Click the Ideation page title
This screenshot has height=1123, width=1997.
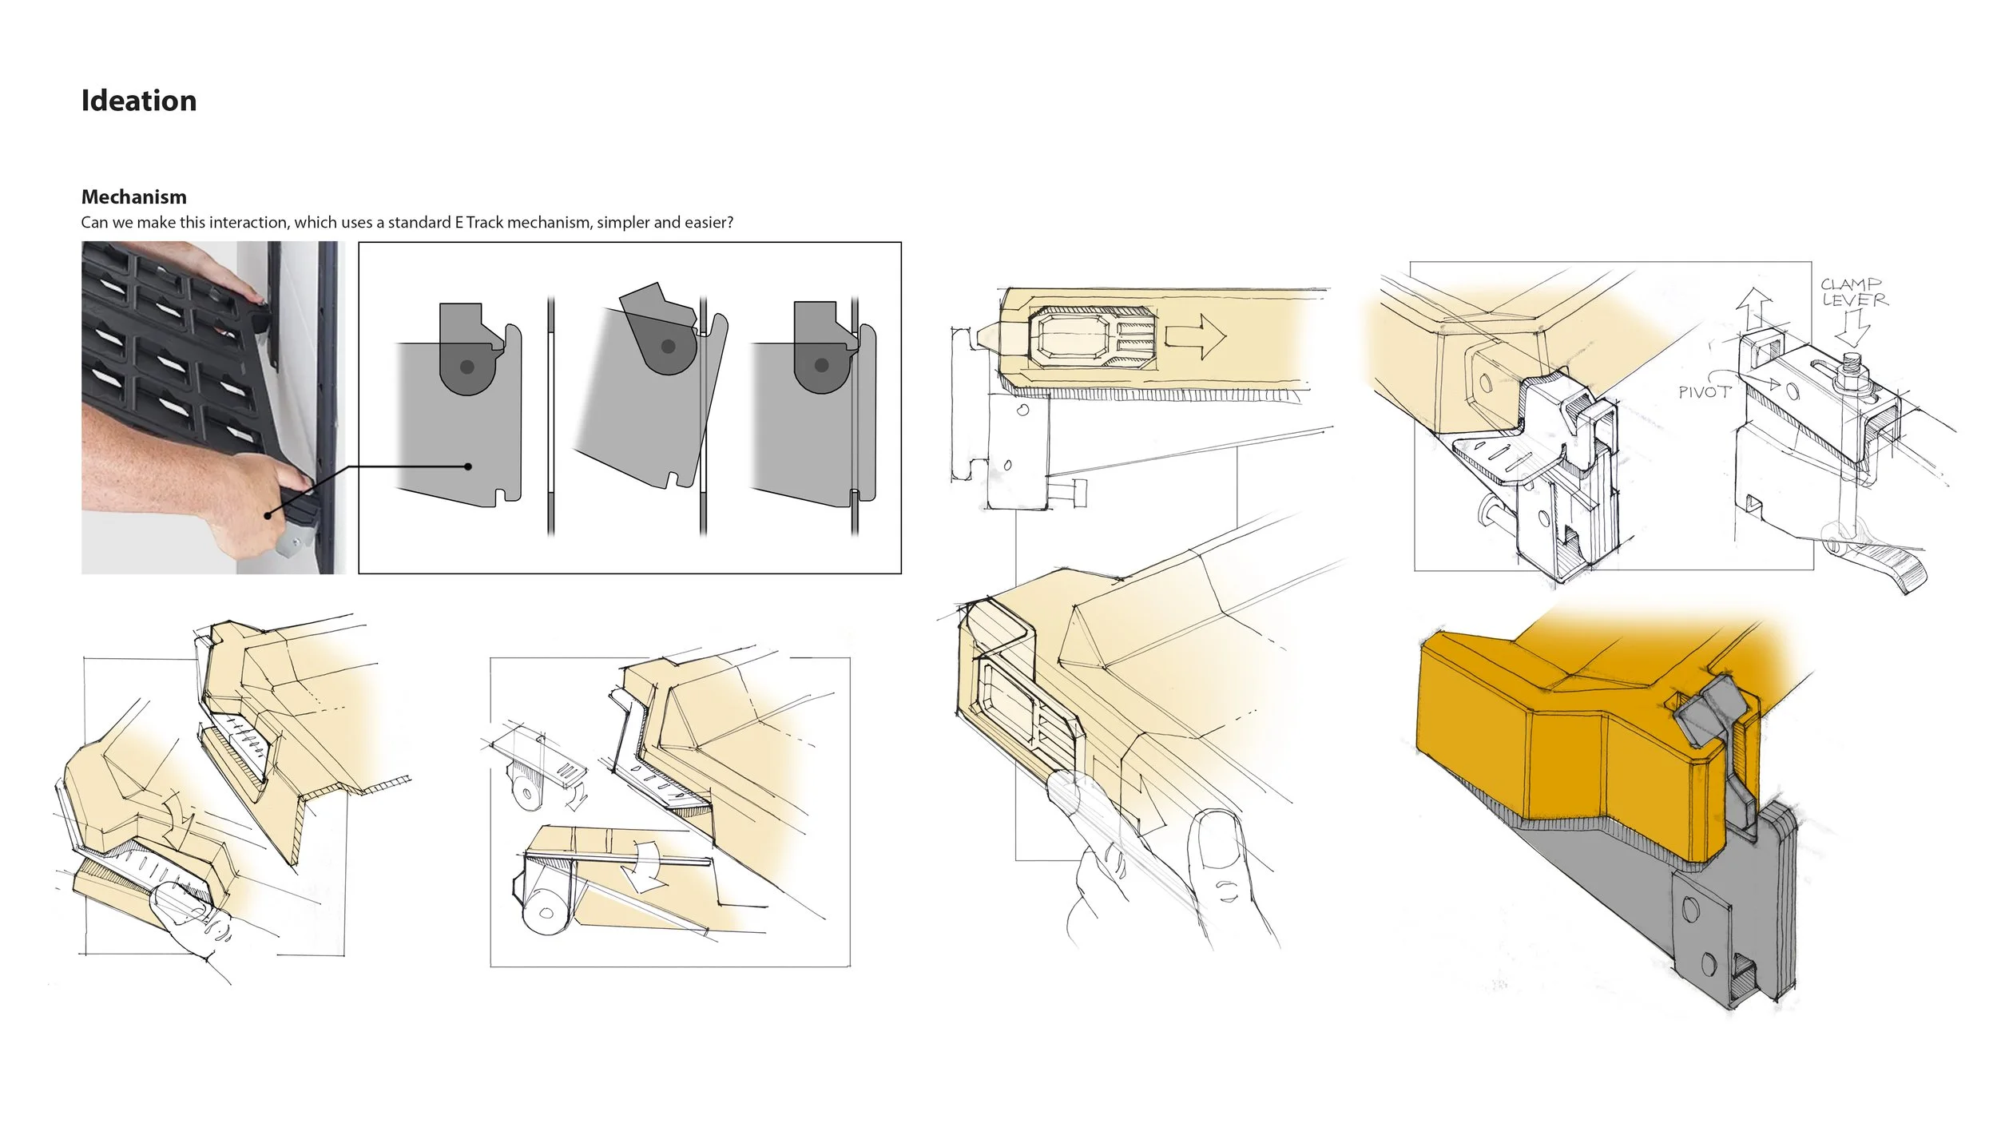point(139,101)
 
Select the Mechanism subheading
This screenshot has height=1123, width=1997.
point(134,196)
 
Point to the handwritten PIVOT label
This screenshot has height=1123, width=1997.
point(1704,392)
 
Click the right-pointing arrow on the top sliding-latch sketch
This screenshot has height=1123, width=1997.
point(1195,336)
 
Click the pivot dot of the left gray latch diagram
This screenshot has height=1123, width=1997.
point(467,367)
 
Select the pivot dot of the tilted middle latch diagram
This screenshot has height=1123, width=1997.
point(669,347)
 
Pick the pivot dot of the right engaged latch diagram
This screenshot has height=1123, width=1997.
point(821,366)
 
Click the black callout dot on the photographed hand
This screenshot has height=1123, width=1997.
point(270,515)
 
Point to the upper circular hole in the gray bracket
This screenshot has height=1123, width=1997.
point(1690,910)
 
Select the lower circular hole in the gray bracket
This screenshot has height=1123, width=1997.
point(1709,963)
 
